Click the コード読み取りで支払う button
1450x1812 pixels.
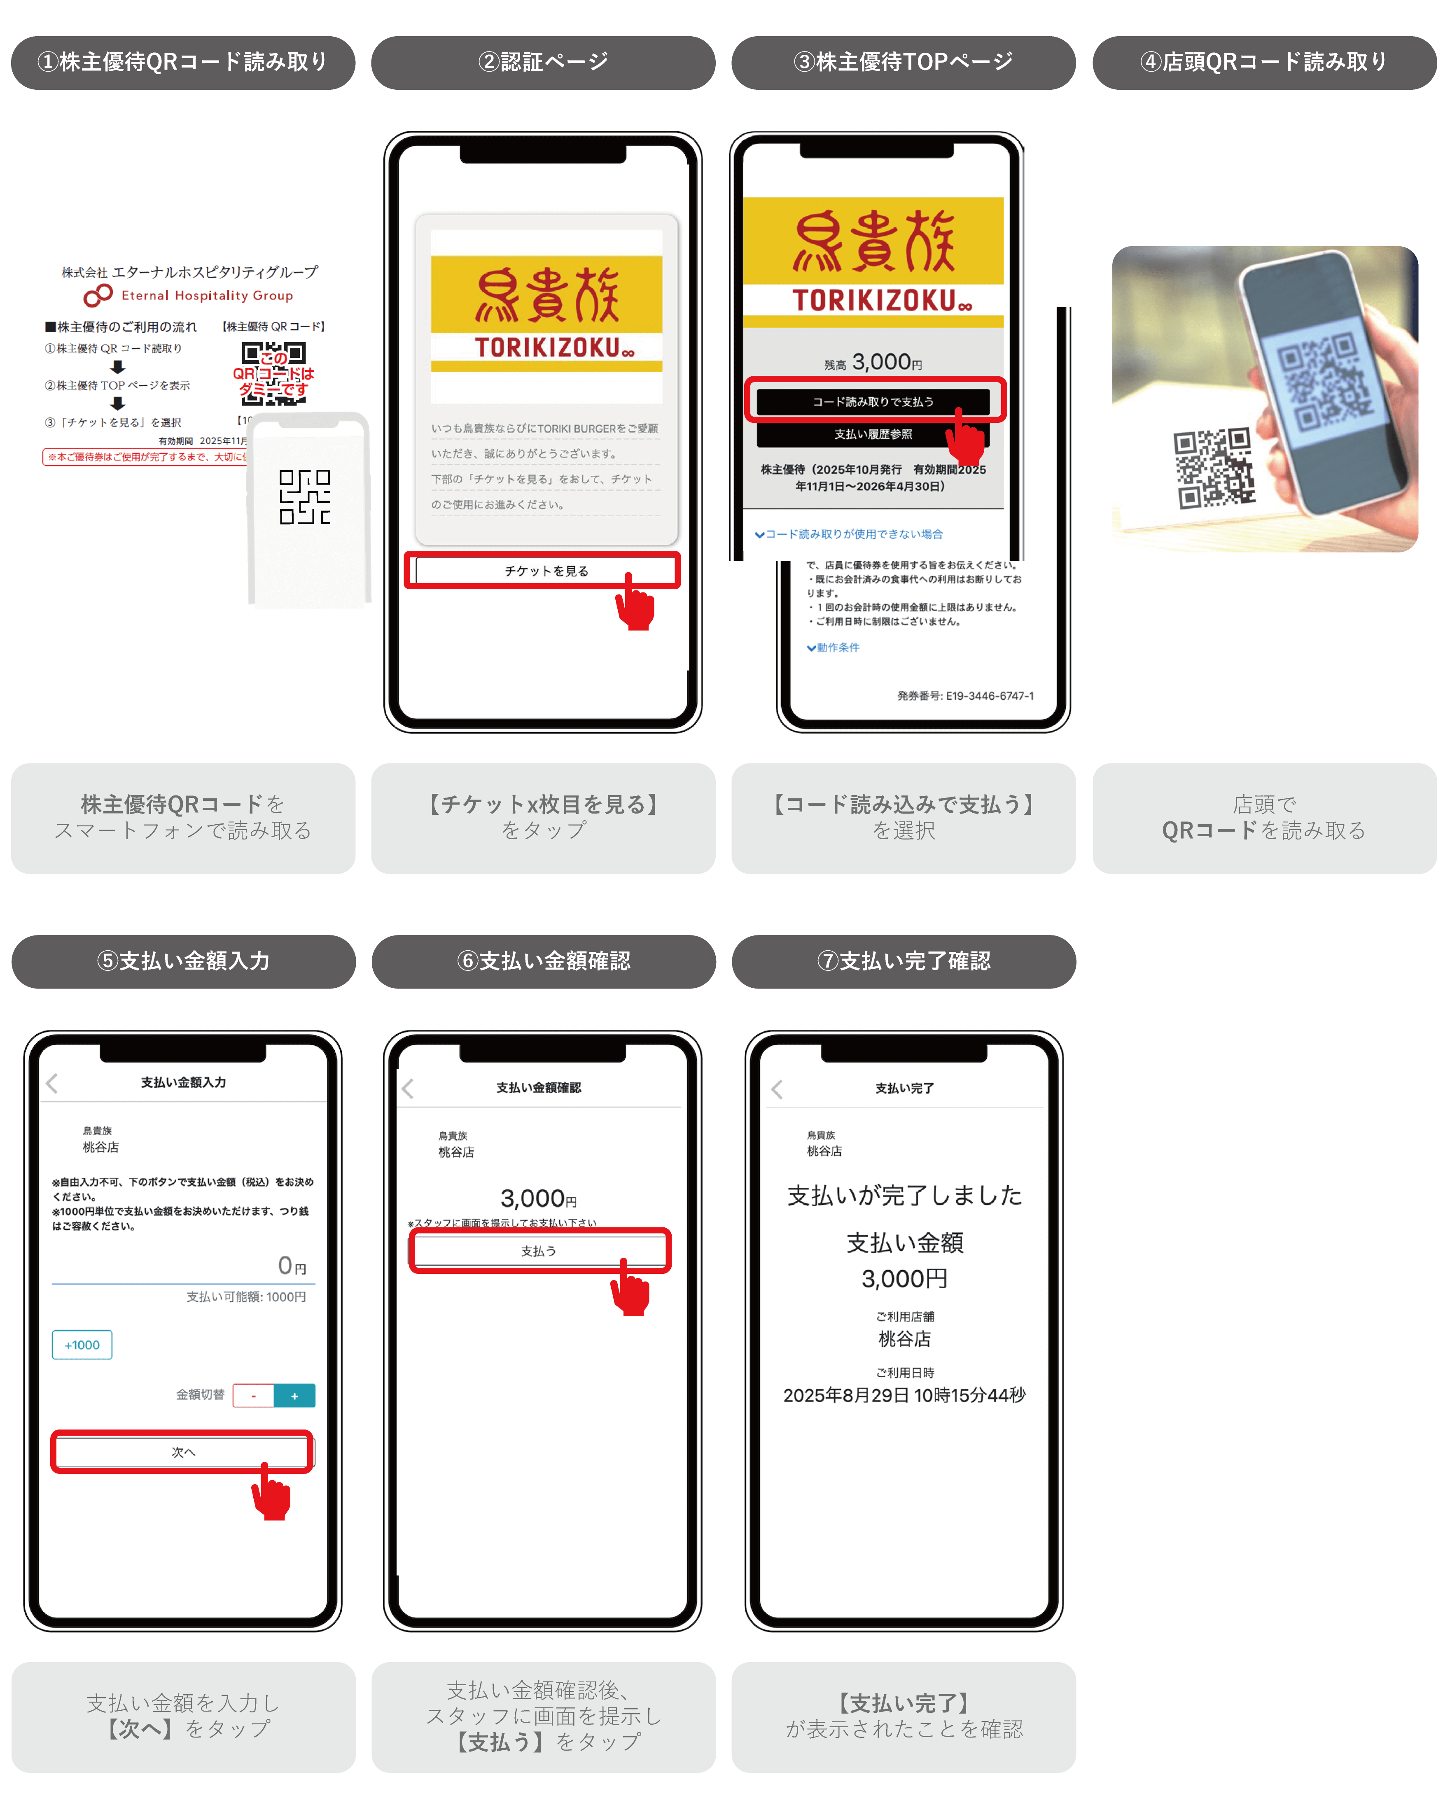pos(873,402)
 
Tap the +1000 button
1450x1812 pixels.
pos(82,1345)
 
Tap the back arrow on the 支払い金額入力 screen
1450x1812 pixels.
pos(52,1083)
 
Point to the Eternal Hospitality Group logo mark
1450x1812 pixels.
pos(98,295)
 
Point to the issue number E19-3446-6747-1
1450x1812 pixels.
pos(965,696)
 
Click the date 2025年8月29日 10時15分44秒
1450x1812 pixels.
pos(904,1395)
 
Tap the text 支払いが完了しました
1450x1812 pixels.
pos(904,1195)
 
